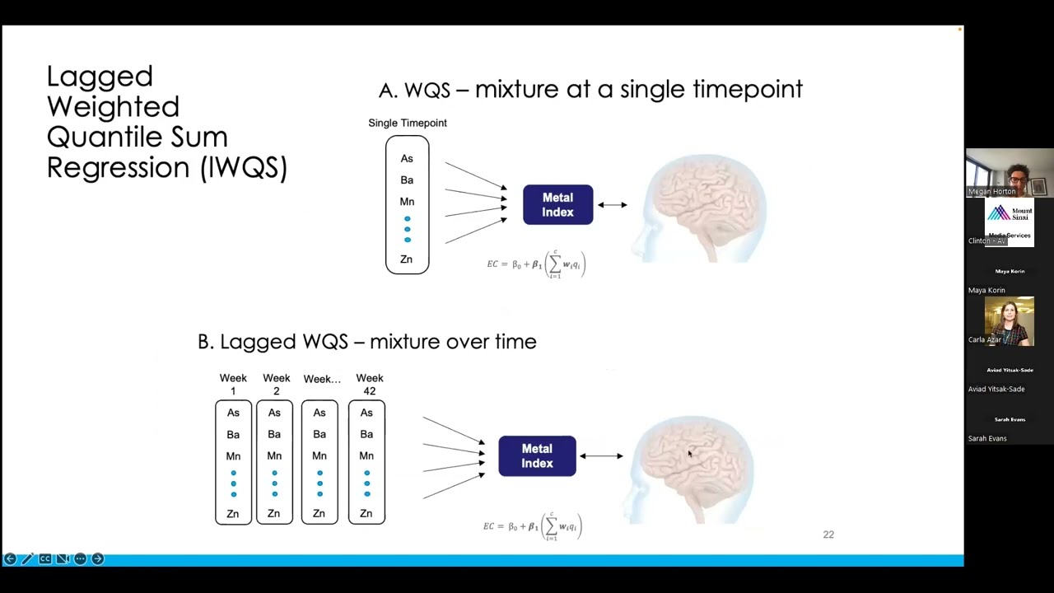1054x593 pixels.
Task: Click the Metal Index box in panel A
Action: point(557,205)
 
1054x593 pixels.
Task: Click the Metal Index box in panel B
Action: point(537,456)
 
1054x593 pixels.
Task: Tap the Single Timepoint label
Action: point(408,123)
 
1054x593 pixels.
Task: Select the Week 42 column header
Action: point(369,384)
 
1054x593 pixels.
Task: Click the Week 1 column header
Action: point(233,384)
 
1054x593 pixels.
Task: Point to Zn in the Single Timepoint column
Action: point(406,259)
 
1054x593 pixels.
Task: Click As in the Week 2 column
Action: point(274,413)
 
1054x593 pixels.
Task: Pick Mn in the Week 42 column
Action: point(366,455)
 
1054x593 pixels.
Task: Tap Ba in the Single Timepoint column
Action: point(407,180)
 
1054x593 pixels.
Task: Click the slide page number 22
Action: point(828,535)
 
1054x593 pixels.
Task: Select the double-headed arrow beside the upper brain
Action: point(612,205)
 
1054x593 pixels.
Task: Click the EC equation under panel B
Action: point(533,526)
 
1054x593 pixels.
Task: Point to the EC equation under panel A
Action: point(536,264)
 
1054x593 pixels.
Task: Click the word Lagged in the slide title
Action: point(100,77)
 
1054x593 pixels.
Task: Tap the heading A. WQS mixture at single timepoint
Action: point(590,89)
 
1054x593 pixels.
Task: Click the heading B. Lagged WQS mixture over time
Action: point(366,341)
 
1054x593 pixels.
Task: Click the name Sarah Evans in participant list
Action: point(987,438)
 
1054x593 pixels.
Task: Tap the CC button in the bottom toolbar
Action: point(45,559)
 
